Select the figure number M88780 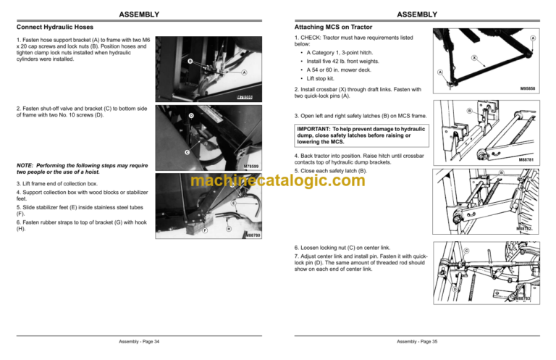click(x=252, y=235)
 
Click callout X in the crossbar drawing click(x=473, y=57)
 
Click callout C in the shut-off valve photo click(x=187, y=152)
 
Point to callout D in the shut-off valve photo click(x=191, y=116)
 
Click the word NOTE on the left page click(x=28, y=166)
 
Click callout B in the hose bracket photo click(x=190, y=62)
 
